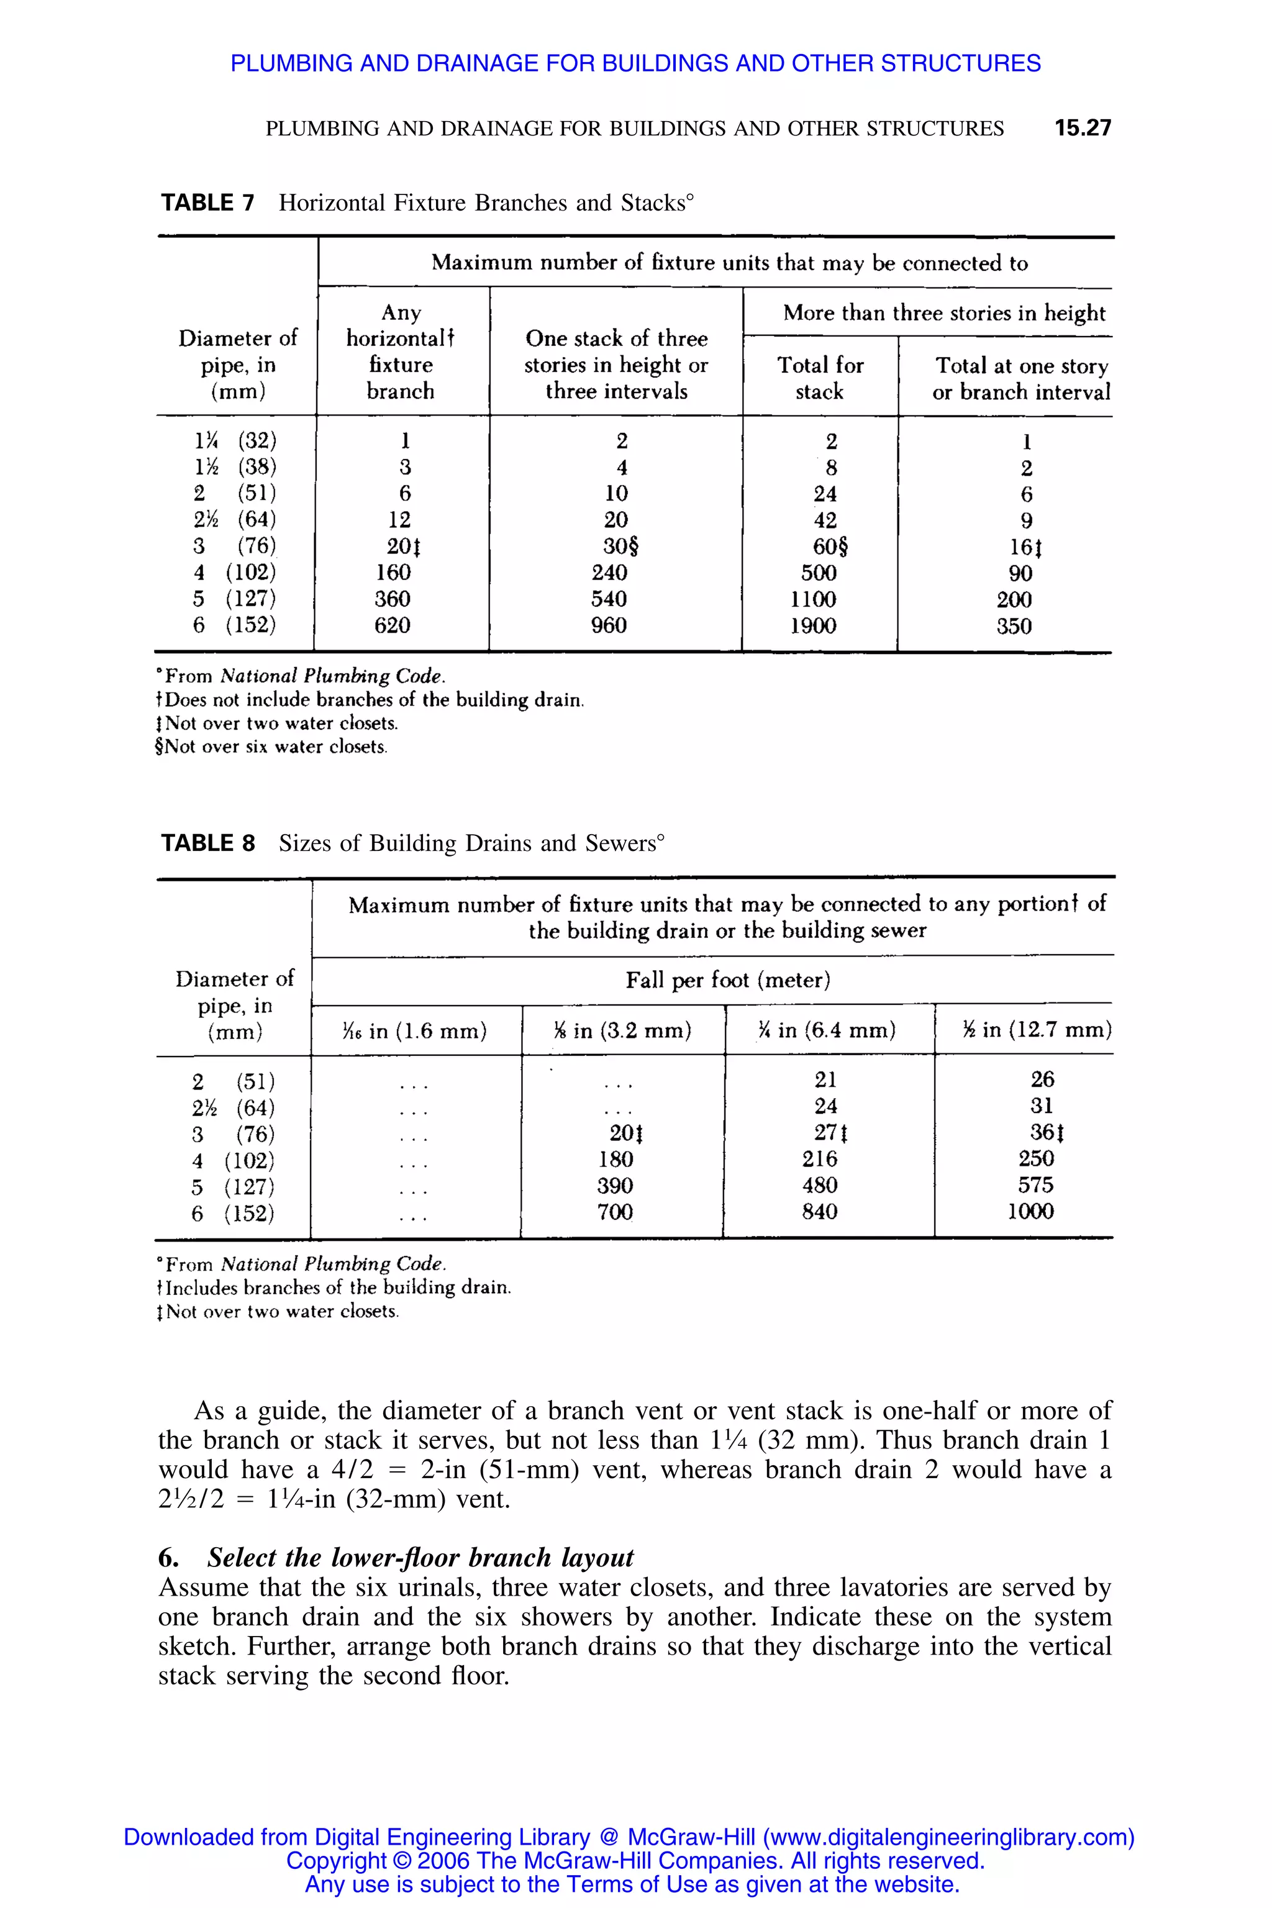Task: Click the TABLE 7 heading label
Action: coord(207,203)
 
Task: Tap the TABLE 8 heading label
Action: coord(207,843)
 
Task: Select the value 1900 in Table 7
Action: coord(814,625)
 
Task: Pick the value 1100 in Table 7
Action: coord(814,599)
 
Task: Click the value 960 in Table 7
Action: coord(609,625)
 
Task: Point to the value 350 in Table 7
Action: coord(1014,626)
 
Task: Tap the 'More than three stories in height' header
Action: coord(944,313)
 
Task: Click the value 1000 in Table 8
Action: coord(1030,1211)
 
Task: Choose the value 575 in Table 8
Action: coord(1036,1184)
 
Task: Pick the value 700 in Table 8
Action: coord(615,1212)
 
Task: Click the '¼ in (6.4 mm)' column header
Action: coord(827,1030)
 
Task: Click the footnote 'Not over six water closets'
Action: coord(272,747)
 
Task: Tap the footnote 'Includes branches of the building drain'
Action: coord(334,1288)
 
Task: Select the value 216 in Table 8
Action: coord(819,1158)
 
